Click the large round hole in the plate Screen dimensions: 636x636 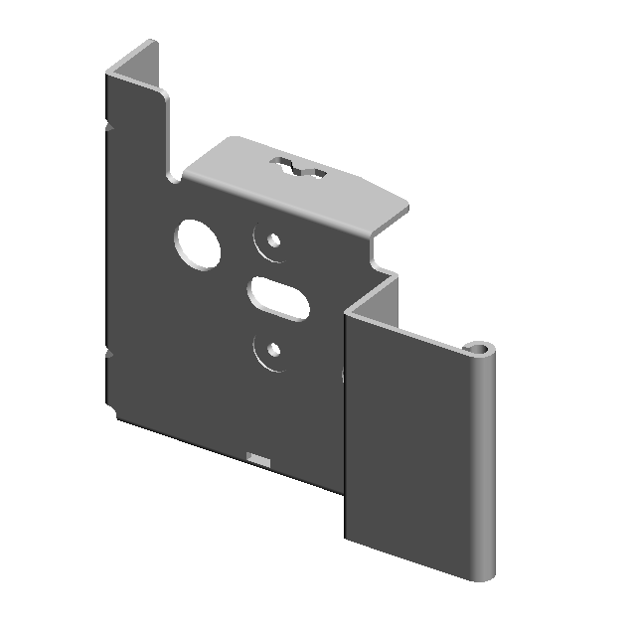[x=199, y=243]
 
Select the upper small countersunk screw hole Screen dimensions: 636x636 [x=270, y=240]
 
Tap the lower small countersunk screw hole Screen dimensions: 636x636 [x=269, y=350]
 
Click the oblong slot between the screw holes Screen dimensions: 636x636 [x=278, y=294]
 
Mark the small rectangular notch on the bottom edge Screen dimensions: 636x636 [x=258, y=458]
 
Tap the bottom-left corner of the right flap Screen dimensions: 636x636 [x=348, y=535]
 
